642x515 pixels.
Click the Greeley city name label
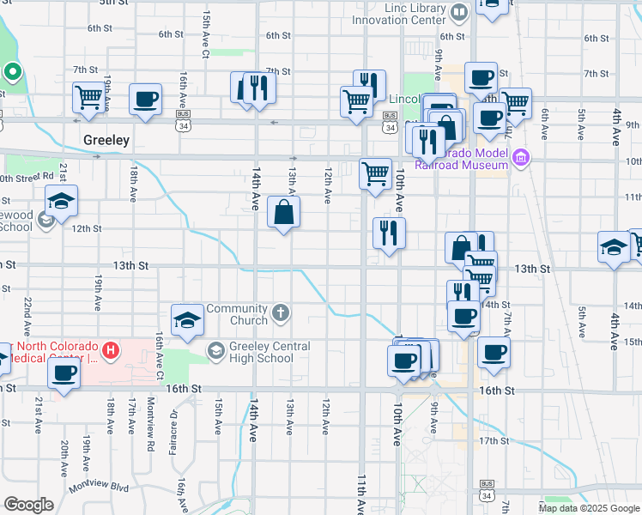pyautogui.click(x=106, y=139)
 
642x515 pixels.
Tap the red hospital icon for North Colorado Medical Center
pyautogui.click(x=110, y=350)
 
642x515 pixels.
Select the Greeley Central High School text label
pyautogui.click(x=258, y=352)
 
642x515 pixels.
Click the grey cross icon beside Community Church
pyautogui.click(x=282, y=313)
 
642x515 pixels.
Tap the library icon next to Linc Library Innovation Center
pyautogui.click(x=460, y=11)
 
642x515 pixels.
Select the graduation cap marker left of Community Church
pyautogui.click(x=187, y=320)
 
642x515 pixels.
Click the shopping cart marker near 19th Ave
pyautogui.click(x=88, y=99)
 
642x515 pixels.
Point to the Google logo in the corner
pyautogui.click(x=28, y=505)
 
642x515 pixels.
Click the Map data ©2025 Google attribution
pyautogui.click(x=589, y=508)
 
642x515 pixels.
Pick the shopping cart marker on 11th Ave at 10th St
pyautogui.click(x=375, y=174)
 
